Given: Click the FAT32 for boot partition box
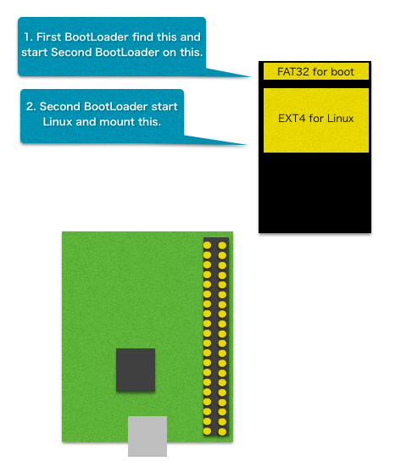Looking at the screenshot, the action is tap(316, 71).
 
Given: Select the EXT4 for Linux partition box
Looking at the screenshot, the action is tap(316, 120).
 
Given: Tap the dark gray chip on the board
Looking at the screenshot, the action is tap(136, 370).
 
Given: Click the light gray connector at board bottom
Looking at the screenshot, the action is tap(148, 437).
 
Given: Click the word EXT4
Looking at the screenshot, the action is tap(292, 119).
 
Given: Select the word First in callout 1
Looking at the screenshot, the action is tap(48, 36).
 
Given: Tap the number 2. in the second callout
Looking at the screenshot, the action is tap(31, 107).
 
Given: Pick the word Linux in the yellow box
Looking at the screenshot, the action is tap(340, 119).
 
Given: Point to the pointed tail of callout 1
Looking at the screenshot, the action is tap(251, 76).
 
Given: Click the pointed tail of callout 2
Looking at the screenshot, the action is tap(247, 145).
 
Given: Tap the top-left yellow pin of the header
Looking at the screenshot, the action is tap(207, 245).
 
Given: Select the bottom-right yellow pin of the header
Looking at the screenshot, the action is tap(222, 431).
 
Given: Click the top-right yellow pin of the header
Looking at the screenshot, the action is tap(222, 246).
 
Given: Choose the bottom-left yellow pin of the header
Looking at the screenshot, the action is tap(207, 431).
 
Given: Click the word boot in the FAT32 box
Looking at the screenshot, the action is tap(342, 72).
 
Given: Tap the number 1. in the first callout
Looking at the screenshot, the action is tap(28, 37).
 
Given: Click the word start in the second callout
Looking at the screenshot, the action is tap(164, 107).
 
